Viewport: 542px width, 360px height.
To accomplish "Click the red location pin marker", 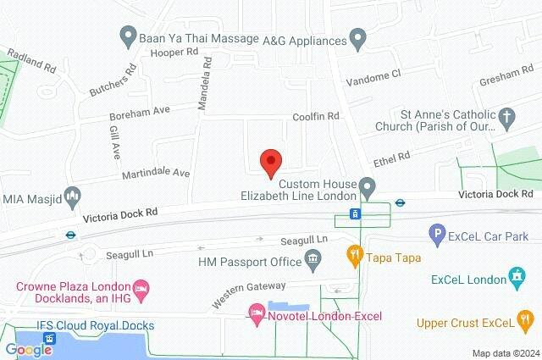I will pos(270,162).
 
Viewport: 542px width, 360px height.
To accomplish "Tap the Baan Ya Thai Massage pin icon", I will pos(129,36).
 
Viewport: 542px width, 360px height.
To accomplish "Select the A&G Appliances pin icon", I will pos(357,38).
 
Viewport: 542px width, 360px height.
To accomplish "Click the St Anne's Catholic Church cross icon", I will pos(506,119).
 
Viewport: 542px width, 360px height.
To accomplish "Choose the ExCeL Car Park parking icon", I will pos(437,231).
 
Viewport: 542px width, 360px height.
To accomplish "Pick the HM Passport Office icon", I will pos(313,258).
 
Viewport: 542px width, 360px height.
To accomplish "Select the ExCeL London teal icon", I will pos(516,277).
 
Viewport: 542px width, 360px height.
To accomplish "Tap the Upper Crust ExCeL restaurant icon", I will pos(526,321).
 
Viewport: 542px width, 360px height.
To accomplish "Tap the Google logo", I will pos(29,349).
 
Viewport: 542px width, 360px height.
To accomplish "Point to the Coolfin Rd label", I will pos(315,115).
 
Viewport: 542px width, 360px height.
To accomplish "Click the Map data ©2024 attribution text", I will pos(505,352).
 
